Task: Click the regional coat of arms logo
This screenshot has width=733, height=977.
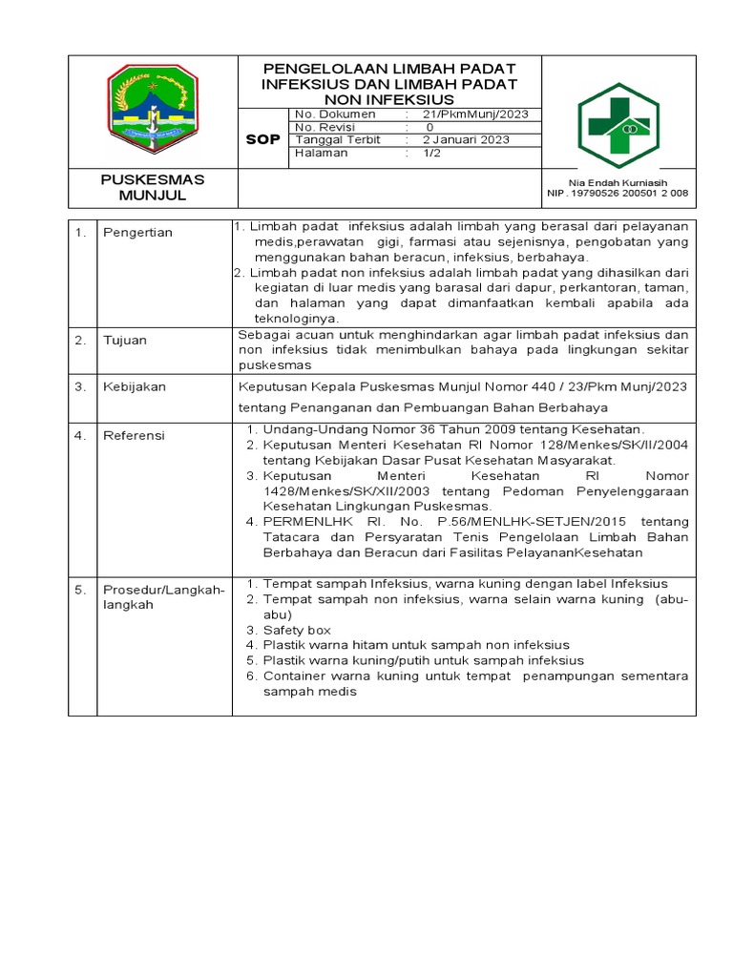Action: pyautogui.click(x=153, y=110)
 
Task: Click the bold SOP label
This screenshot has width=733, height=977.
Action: pyautogui.click(x=263, y=139)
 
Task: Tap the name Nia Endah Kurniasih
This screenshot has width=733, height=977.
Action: pyautogui.click(x=618, y=182)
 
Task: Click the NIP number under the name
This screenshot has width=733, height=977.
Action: pyautogui.click(x=618, y=194)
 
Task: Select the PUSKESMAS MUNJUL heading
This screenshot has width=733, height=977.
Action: pyautogui.click(x=153, y=188)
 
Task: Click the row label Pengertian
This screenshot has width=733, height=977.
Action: pyautogui.click(x=137, y=233)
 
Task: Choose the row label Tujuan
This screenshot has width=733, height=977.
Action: pyautogui.click(x=126, y=340)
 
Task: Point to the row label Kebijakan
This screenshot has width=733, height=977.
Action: pyautogui.click(x=135, y=386)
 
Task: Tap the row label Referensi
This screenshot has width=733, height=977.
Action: pyautogui.click(x=135, y=435)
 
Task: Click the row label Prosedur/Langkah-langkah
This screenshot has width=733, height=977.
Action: pyautogui.click(x=163, y=597)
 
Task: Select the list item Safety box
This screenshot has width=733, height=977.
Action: pyautogui.click(x=297, y=630)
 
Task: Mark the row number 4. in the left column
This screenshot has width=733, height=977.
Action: pyautogui.click(x=81, y=435)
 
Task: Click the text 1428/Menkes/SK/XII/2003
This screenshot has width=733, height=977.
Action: pyautogui.click(x=339, y=490)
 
